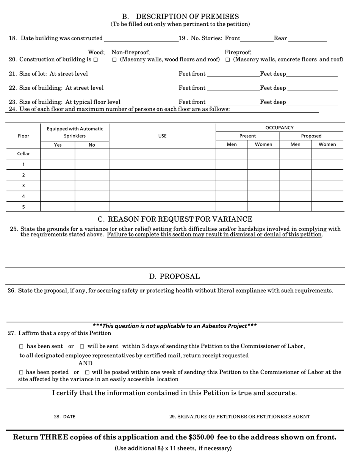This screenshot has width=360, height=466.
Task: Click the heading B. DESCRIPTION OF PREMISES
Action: click(180, 17)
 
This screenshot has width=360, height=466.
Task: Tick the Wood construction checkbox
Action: click(95, 60)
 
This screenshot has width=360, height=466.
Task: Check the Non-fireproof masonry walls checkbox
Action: click(114, 60)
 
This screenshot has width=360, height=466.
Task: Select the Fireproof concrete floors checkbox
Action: click(228, 60)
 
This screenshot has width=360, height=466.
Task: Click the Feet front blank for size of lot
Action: click(233, 74)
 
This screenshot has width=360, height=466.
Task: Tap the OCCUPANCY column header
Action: click(279, 128)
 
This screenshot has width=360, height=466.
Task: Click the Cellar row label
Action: click(23, 154)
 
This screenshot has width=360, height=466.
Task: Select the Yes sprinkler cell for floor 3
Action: click(58, 186)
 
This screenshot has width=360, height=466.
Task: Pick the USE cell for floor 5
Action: click(162, 207)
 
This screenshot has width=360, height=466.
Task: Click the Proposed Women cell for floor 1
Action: click(327, 164)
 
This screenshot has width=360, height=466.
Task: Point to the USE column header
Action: click(162, 136)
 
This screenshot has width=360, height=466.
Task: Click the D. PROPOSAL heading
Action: click(174, 277)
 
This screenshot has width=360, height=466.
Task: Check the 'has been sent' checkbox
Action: click(21, 347)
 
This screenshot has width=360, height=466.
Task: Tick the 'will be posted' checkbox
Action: click(87, 373)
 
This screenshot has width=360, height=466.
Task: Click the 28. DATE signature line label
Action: click(64, 417)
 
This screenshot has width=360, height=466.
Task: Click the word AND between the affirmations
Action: click(85, 363)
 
